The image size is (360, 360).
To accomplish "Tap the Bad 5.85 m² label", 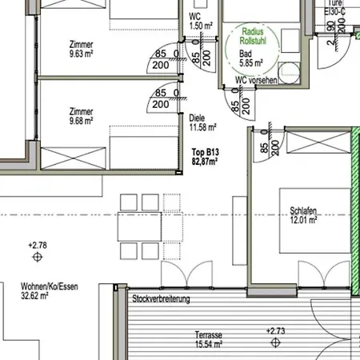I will tap(251, 59).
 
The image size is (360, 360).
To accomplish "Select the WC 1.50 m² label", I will tap(199, 21).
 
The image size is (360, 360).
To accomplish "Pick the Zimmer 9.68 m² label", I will tap(81, 116).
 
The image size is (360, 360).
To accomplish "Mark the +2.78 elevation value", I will tap(37, 245).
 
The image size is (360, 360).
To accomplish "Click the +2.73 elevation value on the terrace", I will tap(276, 330).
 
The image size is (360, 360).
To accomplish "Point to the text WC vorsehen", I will tap(256, 79).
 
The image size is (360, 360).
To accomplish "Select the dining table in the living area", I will tap(140, 228).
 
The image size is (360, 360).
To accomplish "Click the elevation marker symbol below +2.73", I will tap(276, 342).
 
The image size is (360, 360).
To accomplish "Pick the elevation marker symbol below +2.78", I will tap(37, 258).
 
